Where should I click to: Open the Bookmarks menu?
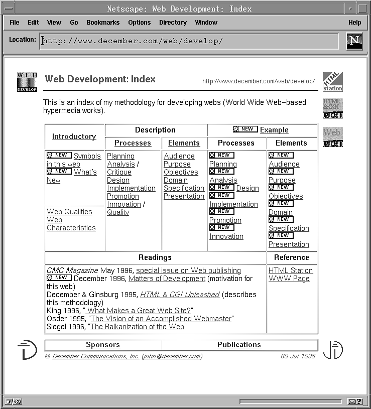(103, 23)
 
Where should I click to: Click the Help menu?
(354, 23)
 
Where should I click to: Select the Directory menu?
(173, 23)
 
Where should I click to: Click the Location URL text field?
(189, 41)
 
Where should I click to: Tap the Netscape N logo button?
(354, 41)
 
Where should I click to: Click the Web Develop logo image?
(27, 82)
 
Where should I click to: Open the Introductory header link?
(74, 137)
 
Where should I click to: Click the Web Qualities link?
(69, 212)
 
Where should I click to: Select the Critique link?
(119, 172)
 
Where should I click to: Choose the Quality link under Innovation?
(118, 212)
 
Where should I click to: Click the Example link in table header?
(274, 130)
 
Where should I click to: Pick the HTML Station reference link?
(290, 270)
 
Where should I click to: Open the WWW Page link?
(289, 279)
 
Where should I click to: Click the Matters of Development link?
(167, 279)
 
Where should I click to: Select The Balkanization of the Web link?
(137, 327)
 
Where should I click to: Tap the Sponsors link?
(103, 345)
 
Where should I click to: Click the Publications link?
(239, 345)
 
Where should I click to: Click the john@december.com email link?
(172, 356)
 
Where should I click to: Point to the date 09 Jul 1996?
(298, 356)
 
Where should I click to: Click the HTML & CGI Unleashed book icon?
(332, 108)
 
